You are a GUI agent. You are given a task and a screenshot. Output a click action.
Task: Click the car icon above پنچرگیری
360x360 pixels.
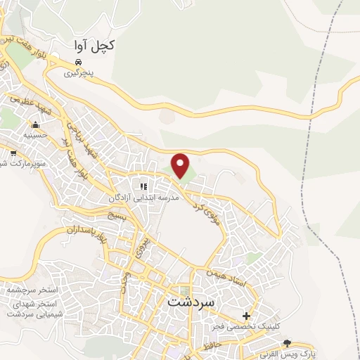click(79, 62)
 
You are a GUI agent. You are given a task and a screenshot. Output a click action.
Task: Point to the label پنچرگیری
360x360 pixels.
click(79, 72)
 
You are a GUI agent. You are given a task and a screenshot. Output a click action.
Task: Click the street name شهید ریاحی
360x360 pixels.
click(81, 138)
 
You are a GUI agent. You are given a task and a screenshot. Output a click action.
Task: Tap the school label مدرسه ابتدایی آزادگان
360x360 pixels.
click(143, 198)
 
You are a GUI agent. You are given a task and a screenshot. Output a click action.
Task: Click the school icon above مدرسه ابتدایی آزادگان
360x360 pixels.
click(143, 186)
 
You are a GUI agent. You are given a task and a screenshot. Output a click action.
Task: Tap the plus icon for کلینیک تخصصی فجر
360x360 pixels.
click(245, 316)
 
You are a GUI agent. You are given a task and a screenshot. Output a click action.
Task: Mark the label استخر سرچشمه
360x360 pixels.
click(27, 290)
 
